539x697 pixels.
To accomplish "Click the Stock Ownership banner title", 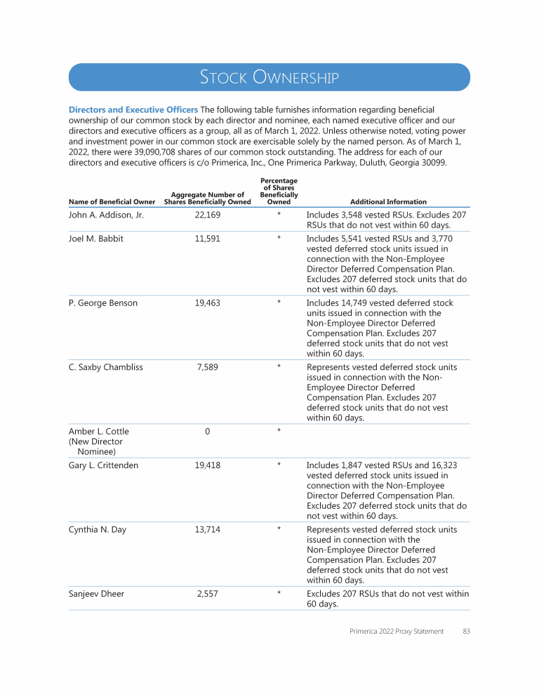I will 269,77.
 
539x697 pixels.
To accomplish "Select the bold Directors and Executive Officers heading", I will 133,110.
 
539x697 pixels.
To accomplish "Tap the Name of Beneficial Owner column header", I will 112,202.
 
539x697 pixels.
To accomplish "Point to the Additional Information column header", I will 388,202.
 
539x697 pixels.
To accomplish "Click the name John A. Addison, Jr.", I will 106,215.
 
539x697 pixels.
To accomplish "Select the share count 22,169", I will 207,215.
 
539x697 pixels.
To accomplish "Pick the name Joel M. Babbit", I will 96,239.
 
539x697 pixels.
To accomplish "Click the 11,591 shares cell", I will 207,239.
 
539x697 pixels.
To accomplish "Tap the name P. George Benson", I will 103,303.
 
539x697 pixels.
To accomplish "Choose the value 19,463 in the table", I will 207,303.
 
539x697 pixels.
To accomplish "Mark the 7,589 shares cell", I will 207,367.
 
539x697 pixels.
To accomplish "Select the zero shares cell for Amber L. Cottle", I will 207,431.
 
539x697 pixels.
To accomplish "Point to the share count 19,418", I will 207,465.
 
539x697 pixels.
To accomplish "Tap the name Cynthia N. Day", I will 98,530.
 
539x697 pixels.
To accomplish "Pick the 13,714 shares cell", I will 207,530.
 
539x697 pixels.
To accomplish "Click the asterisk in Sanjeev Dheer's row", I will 279,594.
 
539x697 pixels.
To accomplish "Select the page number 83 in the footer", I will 466,632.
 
